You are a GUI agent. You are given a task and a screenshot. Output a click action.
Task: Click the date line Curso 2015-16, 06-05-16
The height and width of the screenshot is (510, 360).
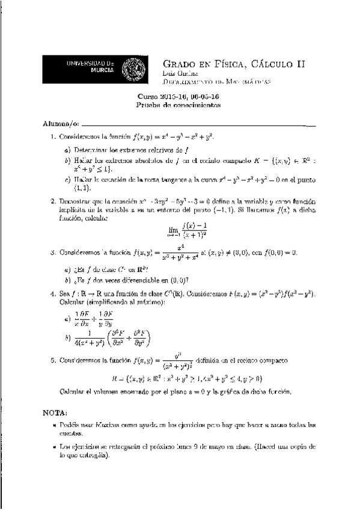point(179,96)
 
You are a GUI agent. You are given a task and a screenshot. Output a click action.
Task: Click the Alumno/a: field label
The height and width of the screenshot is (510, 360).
point(60,123)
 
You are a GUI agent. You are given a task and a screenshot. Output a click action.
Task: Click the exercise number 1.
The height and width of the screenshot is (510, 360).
point(53,137)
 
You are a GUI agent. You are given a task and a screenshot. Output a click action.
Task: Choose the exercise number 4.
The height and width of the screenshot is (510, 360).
point(53,293)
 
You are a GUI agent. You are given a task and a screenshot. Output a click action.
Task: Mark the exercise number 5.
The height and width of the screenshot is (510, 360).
point(53,360)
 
